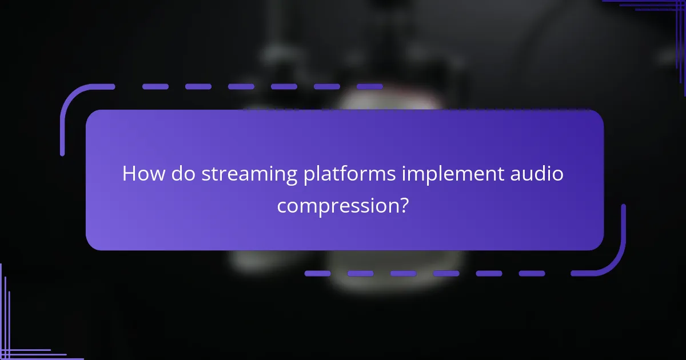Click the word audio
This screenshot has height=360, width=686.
(536, 174)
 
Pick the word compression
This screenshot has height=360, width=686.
(336, 206)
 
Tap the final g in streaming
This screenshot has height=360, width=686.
(291, 177)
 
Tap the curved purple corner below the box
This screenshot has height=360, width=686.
(612, 260)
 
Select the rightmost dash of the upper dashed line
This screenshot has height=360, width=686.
(369, 87)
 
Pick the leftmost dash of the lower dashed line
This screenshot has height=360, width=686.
(317, 274)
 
